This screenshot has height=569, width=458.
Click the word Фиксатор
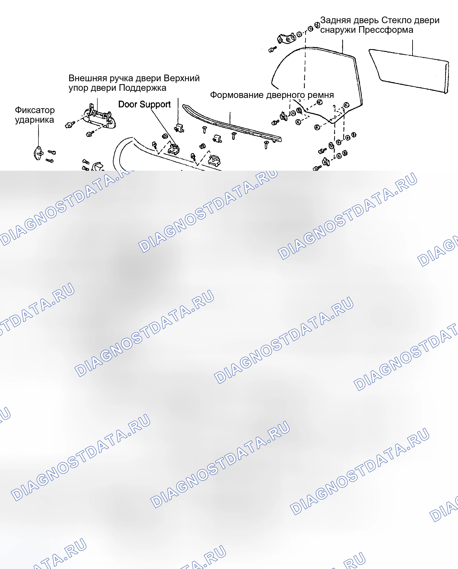(x=35, y=110)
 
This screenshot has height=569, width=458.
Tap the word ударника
(x=34, y=120)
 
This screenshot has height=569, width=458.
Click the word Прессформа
(x=386, y=30)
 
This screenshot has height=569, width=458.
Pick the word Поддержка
(x=141, y=88)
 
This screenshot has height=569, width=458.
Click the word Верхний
(x=182, y=78)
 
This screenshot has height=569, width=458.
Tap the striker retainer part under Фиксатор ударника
(x=38, y=153)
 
